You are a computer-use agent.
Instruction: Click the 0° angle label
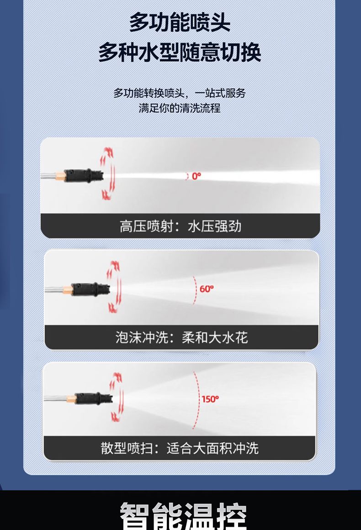click(196, 176)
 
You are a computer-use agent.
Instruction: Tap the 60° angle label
click(207, 289)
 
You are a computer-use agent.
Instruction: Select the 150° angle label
click(210, 399)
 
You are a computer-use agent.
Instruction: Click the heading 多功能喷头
click(180, 22)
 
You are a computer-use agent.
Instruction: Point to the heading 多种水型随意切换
click(180, 52)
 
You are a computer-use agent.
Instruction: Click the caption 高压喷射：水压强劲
click(180, 226)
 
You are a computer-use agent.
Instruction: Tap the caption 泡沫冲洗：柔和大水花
click(182, 337)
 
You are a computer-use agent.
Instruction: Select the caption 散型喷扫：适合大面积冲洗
click(180, 448)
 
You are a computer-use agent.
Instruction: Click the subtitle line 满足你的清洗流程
click(180, 108)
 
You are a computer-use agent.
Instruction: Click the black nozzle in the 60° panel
click(90, 289)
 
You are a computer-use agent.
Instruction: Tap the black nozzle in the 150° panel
click(94, 398)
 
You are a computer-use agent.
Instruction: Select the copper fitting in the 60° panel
click(67, 290)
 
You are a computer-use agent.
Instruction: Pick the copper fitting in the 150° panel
click(71, 399)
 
